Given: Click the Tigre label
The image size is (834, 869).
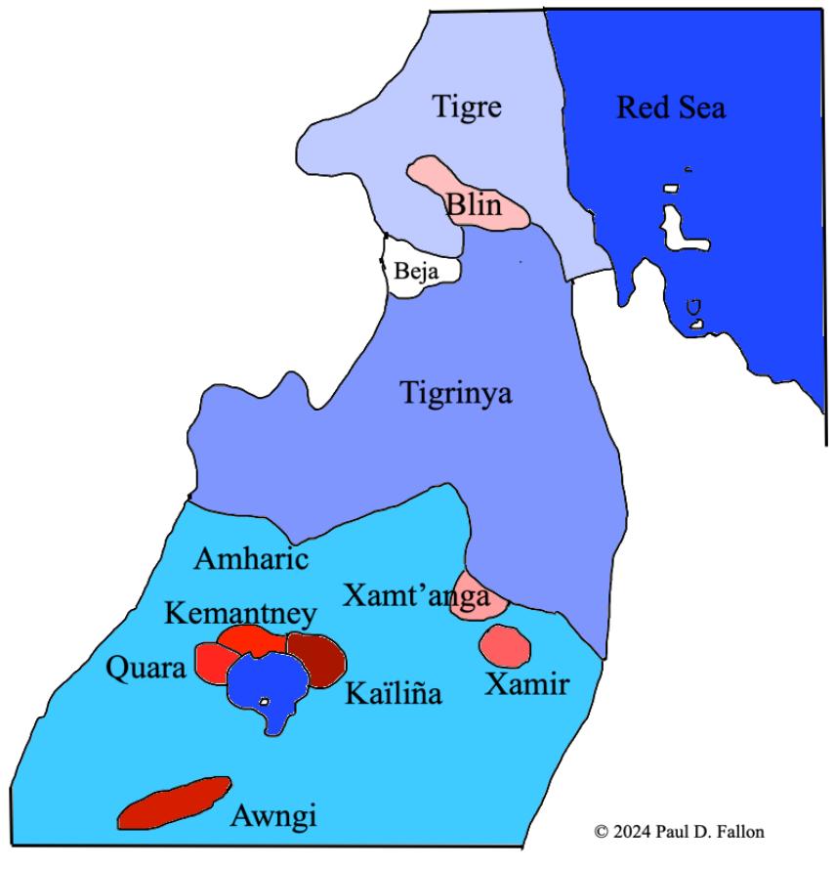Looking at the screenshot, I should pos(467,107).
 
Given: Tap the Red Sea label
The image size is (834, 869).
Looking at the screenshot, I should pos(670,108).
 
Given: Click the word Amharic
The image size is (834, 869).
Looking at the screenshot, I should pos(252,560).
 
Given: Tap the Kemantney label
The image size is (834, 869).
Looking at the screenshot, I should pos(240,614).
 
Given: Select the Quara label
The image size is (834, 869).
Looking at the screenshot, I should pos(145,671).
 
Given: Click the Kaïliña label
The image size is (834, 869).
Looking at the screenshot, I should pos(394,693).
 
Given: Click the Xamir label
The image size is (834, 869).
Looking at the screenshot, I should pos(527,686).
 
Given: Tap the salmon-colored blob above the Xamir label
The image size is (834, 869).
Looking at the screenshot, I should pos(505,645).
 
